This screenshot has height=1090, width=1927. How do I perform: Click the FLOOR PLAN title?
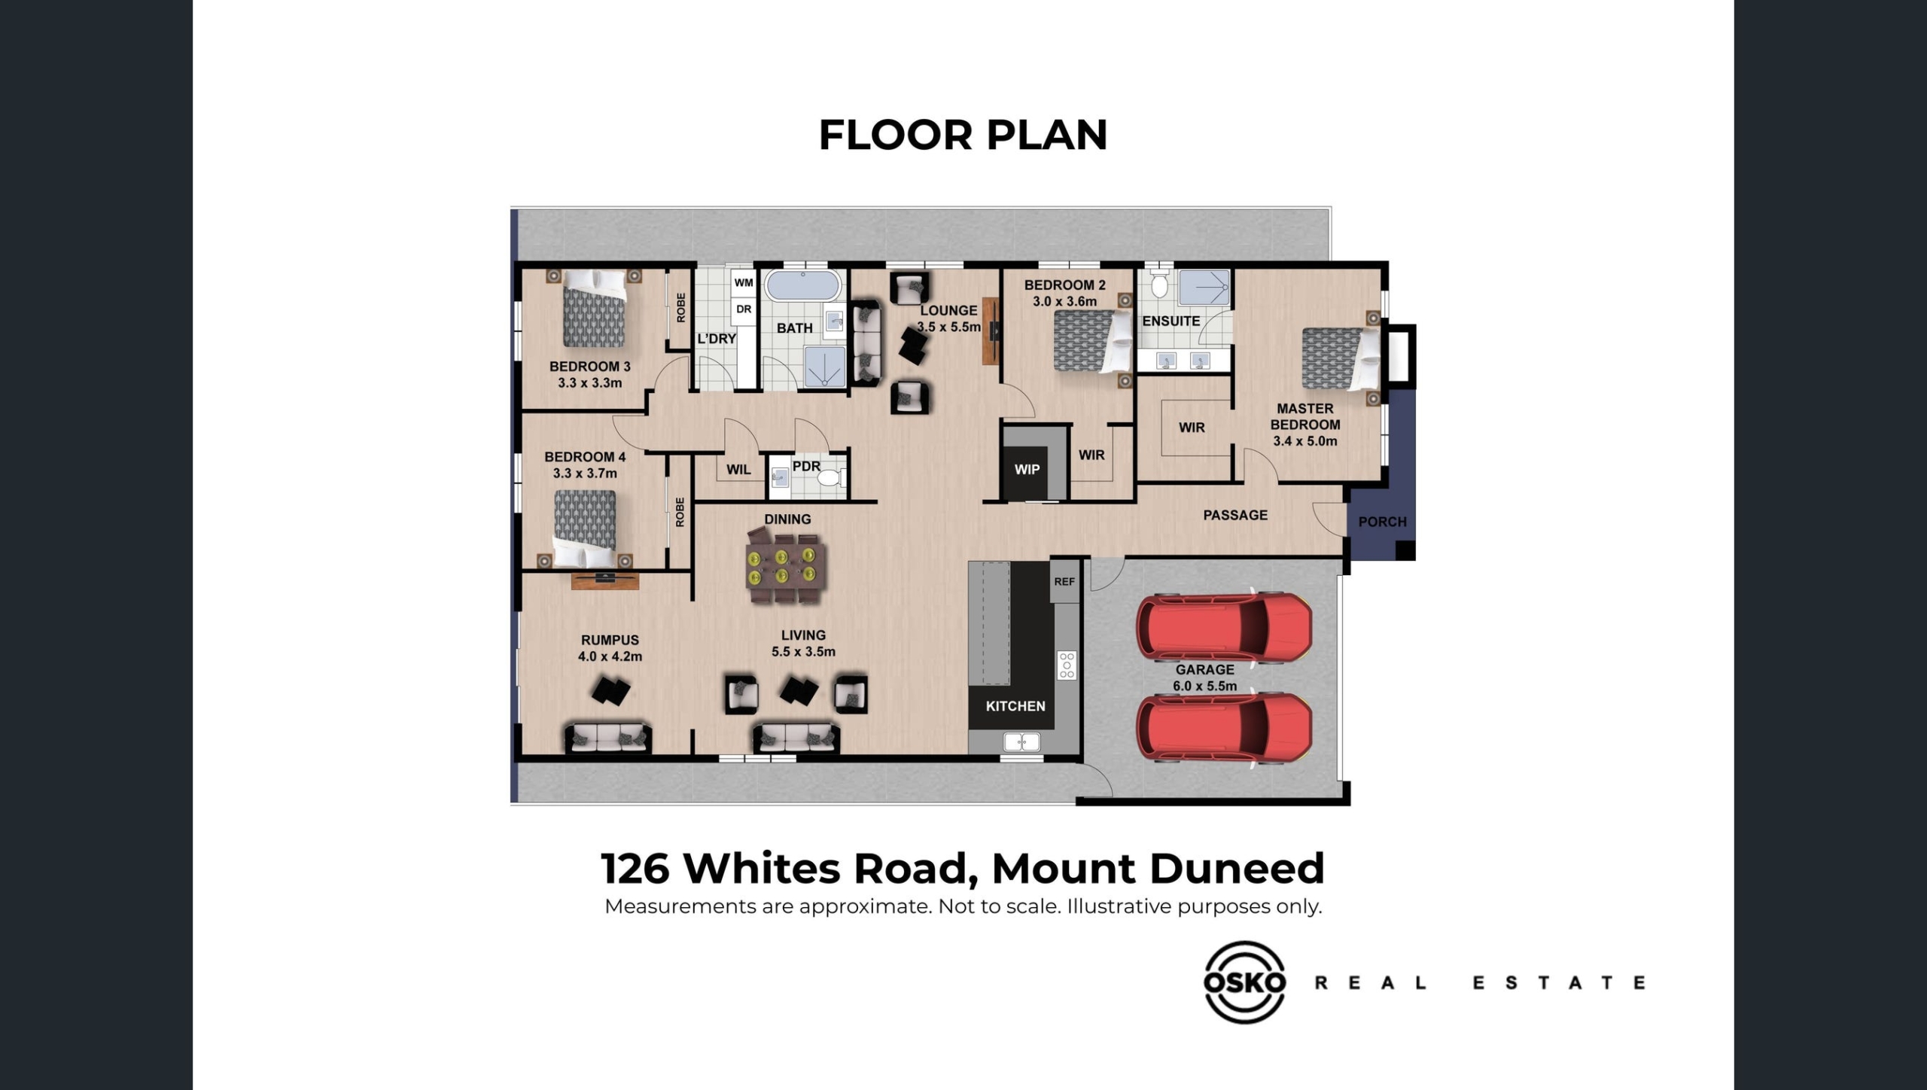(x=963, y=135)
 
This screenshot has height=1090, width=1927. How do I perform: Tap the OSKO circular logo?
(x=1244, y=982)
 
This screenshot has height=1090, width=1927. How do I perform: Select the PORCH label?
(x=1382, y=522)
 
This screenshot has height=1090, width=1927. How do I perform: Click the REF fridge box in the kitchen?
(x=1064, y=581)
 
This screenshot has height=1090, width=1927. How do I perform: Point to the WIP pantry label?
(x=1027, y=470)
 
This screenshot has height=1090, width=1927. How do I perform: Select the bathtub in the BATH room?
(x=802, y=286)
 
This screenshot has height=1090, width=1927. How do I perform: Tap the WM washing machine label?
(x=744, y=283)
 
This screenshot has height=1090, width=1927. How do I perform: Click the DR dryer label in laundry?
(x=744, y=309)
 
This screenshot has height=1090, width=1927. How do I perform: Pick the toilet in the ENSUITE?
(x=1159, y=284)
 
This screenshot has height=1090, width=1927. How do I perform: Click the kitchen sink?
(x=1021, y=743)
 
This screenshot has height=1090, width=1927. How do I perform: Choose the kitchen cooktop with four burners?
(x=1067, y=665)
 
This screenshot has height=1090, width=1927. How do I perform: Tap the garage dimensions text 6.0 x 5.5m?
(x=1204, y=686)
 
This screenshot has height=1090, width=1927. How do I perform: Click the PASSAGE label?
(x=1235, y=515)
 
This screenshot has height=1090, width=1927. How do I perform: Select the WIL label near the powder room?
(x=738, y=470)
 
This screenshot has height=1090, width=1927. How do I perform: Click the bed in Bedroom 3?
(x=595, y=309)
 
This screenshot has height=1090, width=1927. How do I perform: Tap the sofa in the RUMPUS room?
(x=608, y=738)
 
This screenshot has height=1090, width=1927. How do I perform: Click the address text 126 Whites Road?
(x=784, y=868)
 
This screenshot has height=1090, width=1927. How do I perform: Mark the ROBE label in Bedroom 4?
(x=680, y=512)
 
